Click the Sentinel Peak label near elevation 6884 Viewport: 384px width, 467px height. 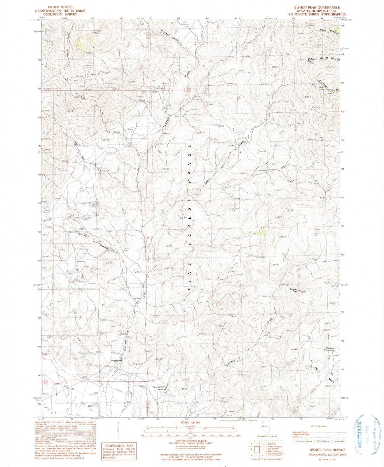[294, 290]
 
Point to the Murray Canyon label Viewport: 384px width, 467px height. [330, 58]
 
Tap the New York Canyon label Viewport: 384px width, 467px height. [93, 240]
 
